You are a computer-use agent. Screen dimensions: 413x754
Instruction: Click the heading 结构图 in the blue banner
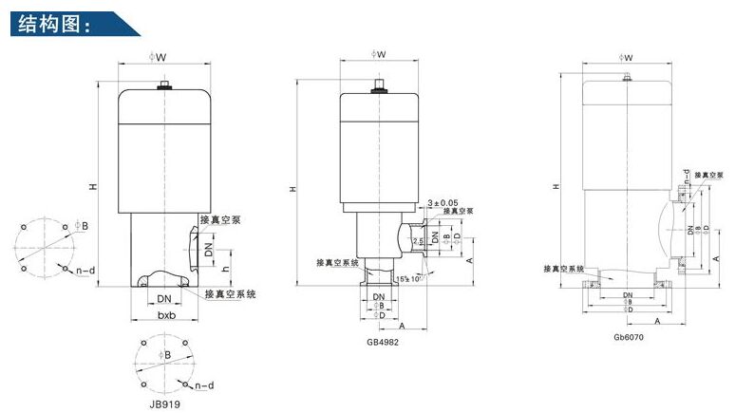pos(52,24)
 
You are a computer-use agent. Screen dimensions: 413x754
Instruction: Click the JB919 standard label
pos(166,403)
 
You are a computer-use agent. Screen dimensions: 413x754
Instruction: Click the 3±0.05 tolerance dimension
pos(443,202)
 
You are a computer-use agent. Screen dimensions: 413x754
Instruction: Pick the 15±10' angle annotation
pos(410,278)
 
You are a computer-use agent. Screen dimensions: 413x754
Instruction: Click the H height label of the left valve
pos(93,186)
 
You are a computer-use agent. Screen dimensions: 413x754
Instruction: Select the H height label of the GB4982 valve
pos(292,189)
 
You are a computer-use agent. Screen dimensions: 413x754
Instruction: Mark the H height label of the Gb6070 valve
pos(554,186)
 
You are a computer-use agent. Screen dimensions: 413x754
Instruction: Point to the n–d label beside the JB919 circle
pos(202,386)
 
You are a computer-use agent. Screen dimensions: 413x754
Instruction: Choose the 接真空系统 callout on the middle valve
pos(335,261)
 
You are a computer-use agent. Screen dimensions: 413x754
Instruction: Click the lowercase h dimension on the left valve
pos(225,268)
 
